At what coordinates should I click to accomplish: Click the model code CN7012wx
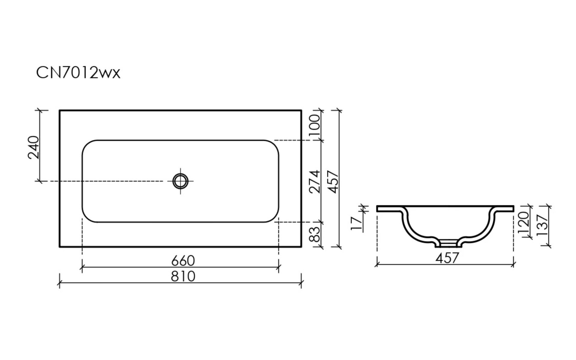[78, 73]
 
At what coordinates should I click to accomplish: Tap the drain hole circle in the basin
[180, 181]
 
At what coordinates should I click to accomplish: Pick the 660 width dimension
[183, 260]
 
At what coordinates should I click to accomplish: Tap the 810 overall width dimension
[183, 276]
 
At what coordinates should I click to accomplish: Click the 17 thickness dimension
[357, 223]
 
